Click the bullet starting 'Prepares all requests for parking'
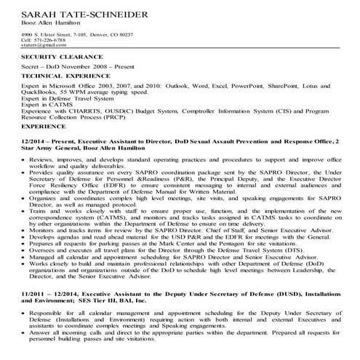(x=167, y=243)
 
